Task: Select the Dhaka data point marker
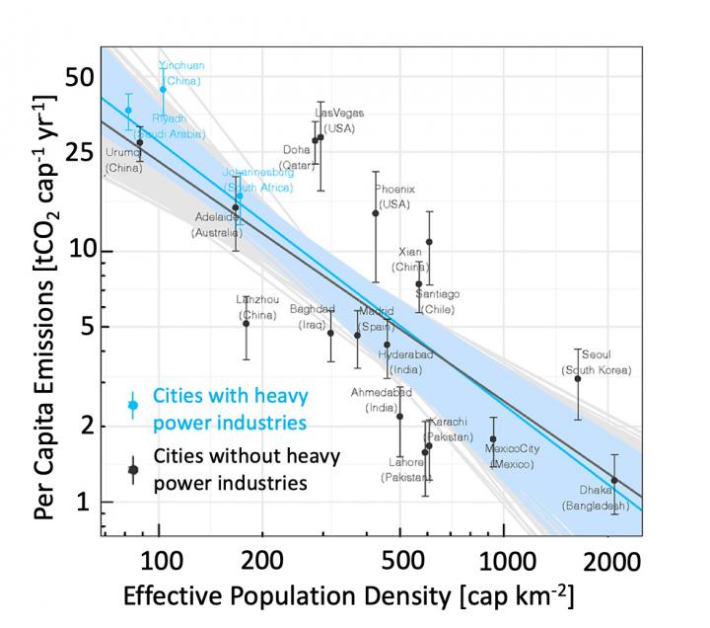[x=614, y=480]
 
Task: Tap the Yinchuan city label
[x=181, y=72]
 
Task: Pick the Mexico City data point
[x=492, y=438]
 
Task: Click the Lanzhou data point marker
[x=247, y=323]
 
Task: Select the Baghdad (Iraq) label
[x=313, y=316]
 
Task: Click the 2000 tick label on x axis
[x=608, y=563]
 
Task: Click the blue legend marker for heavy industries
[x=133, y=405]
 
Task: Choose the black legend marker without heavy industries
[x=133, y=470]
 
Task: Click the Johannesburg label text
[x=257, y=179]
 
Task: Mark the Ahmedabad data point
[x=399, y=416]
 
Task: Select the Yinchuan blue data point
[x=164, y=89]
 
